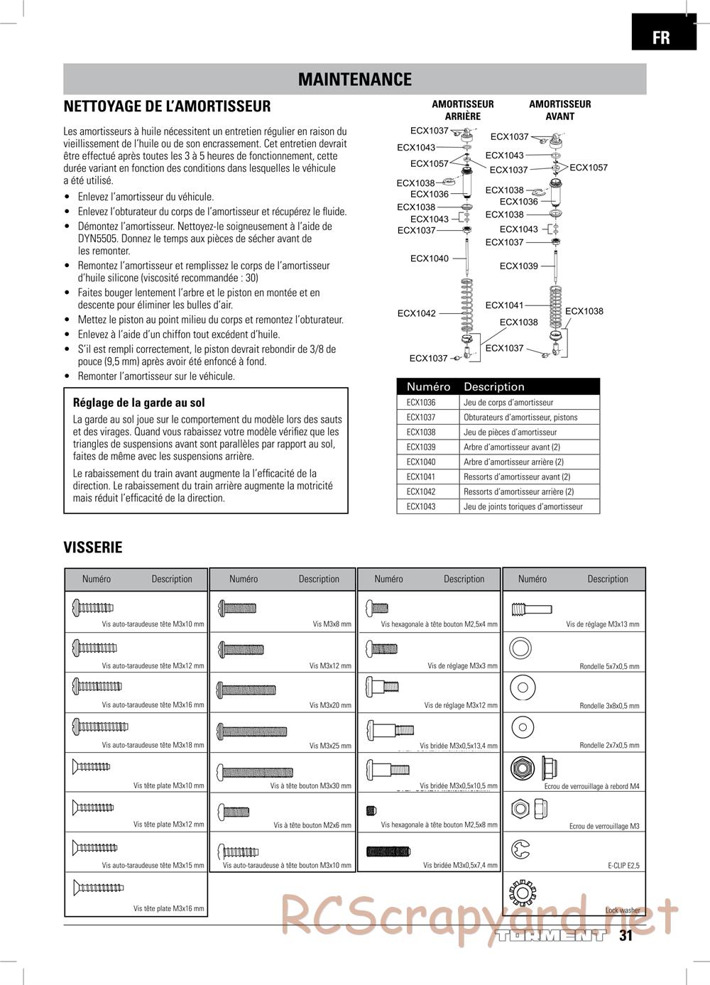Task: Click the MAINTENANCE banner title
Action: tap(354, 80)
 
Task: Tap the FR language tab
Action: tap(661, 37)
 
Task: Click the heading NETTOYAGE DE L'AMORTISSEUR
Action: tap(167, 107)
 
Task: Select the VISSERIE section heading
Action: tap(93, 548)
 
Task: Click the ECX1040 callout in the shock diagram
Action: tap(429, 259)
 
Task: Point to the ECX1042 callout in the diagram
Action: tap(416, 313)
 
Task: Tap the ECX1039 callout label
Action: tap(518, 266)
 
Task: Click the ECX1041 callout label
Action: tap(504, 305)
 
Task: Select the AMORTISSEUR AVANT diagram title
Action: tap(559, 110)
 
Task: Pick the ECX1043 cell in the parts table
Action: tap(421, 506)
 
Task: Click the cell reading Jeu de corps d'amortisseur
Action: tap(508, 402)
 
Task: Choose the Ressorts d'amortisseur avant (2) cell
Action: tap(516, 477)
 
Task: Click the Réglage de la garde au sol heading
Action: tap(138, 403)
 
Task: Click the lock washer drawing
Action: tap(522, 890)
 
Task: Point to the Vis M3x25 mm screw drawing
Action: tap(253, 731)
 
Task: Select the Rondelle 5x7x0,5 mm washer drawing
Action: tap(520, 648)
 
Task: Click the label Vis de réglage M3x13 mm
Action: tap(602, 625)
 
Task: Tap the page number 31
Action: tap(626, 935)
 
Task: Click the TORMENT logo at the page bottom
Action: tap(551, 935)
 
